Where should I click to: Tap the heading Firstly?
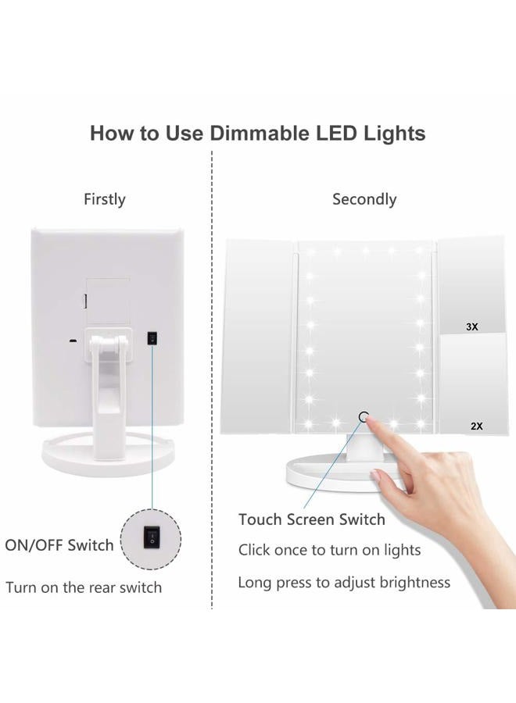pos(105,200)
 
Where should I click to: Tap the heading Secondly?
pos(364,200)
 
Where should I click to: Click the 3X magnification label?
pos(471,327)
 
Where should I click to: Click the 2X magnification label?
pos(476,426)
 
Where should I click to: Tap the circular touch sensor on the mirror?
pos(364,417)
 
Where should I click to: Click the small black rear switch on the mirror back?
pos(152,338)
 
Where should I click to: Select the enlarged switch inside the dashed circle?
pos(151,539)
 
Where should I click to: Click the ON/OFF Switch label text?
pos(59,545)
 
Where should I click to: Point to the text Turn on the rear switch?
pos(84,587)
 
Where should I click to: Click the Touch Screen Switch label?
pos(312,519)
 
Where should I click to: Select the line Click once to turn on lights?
pos(329,550)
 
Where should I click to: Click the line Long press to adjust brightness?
pos(344,583)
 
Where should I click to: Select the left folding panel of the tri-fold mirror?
pos(257,336)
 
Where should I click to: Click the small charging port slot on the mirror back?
pos(71,341)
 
